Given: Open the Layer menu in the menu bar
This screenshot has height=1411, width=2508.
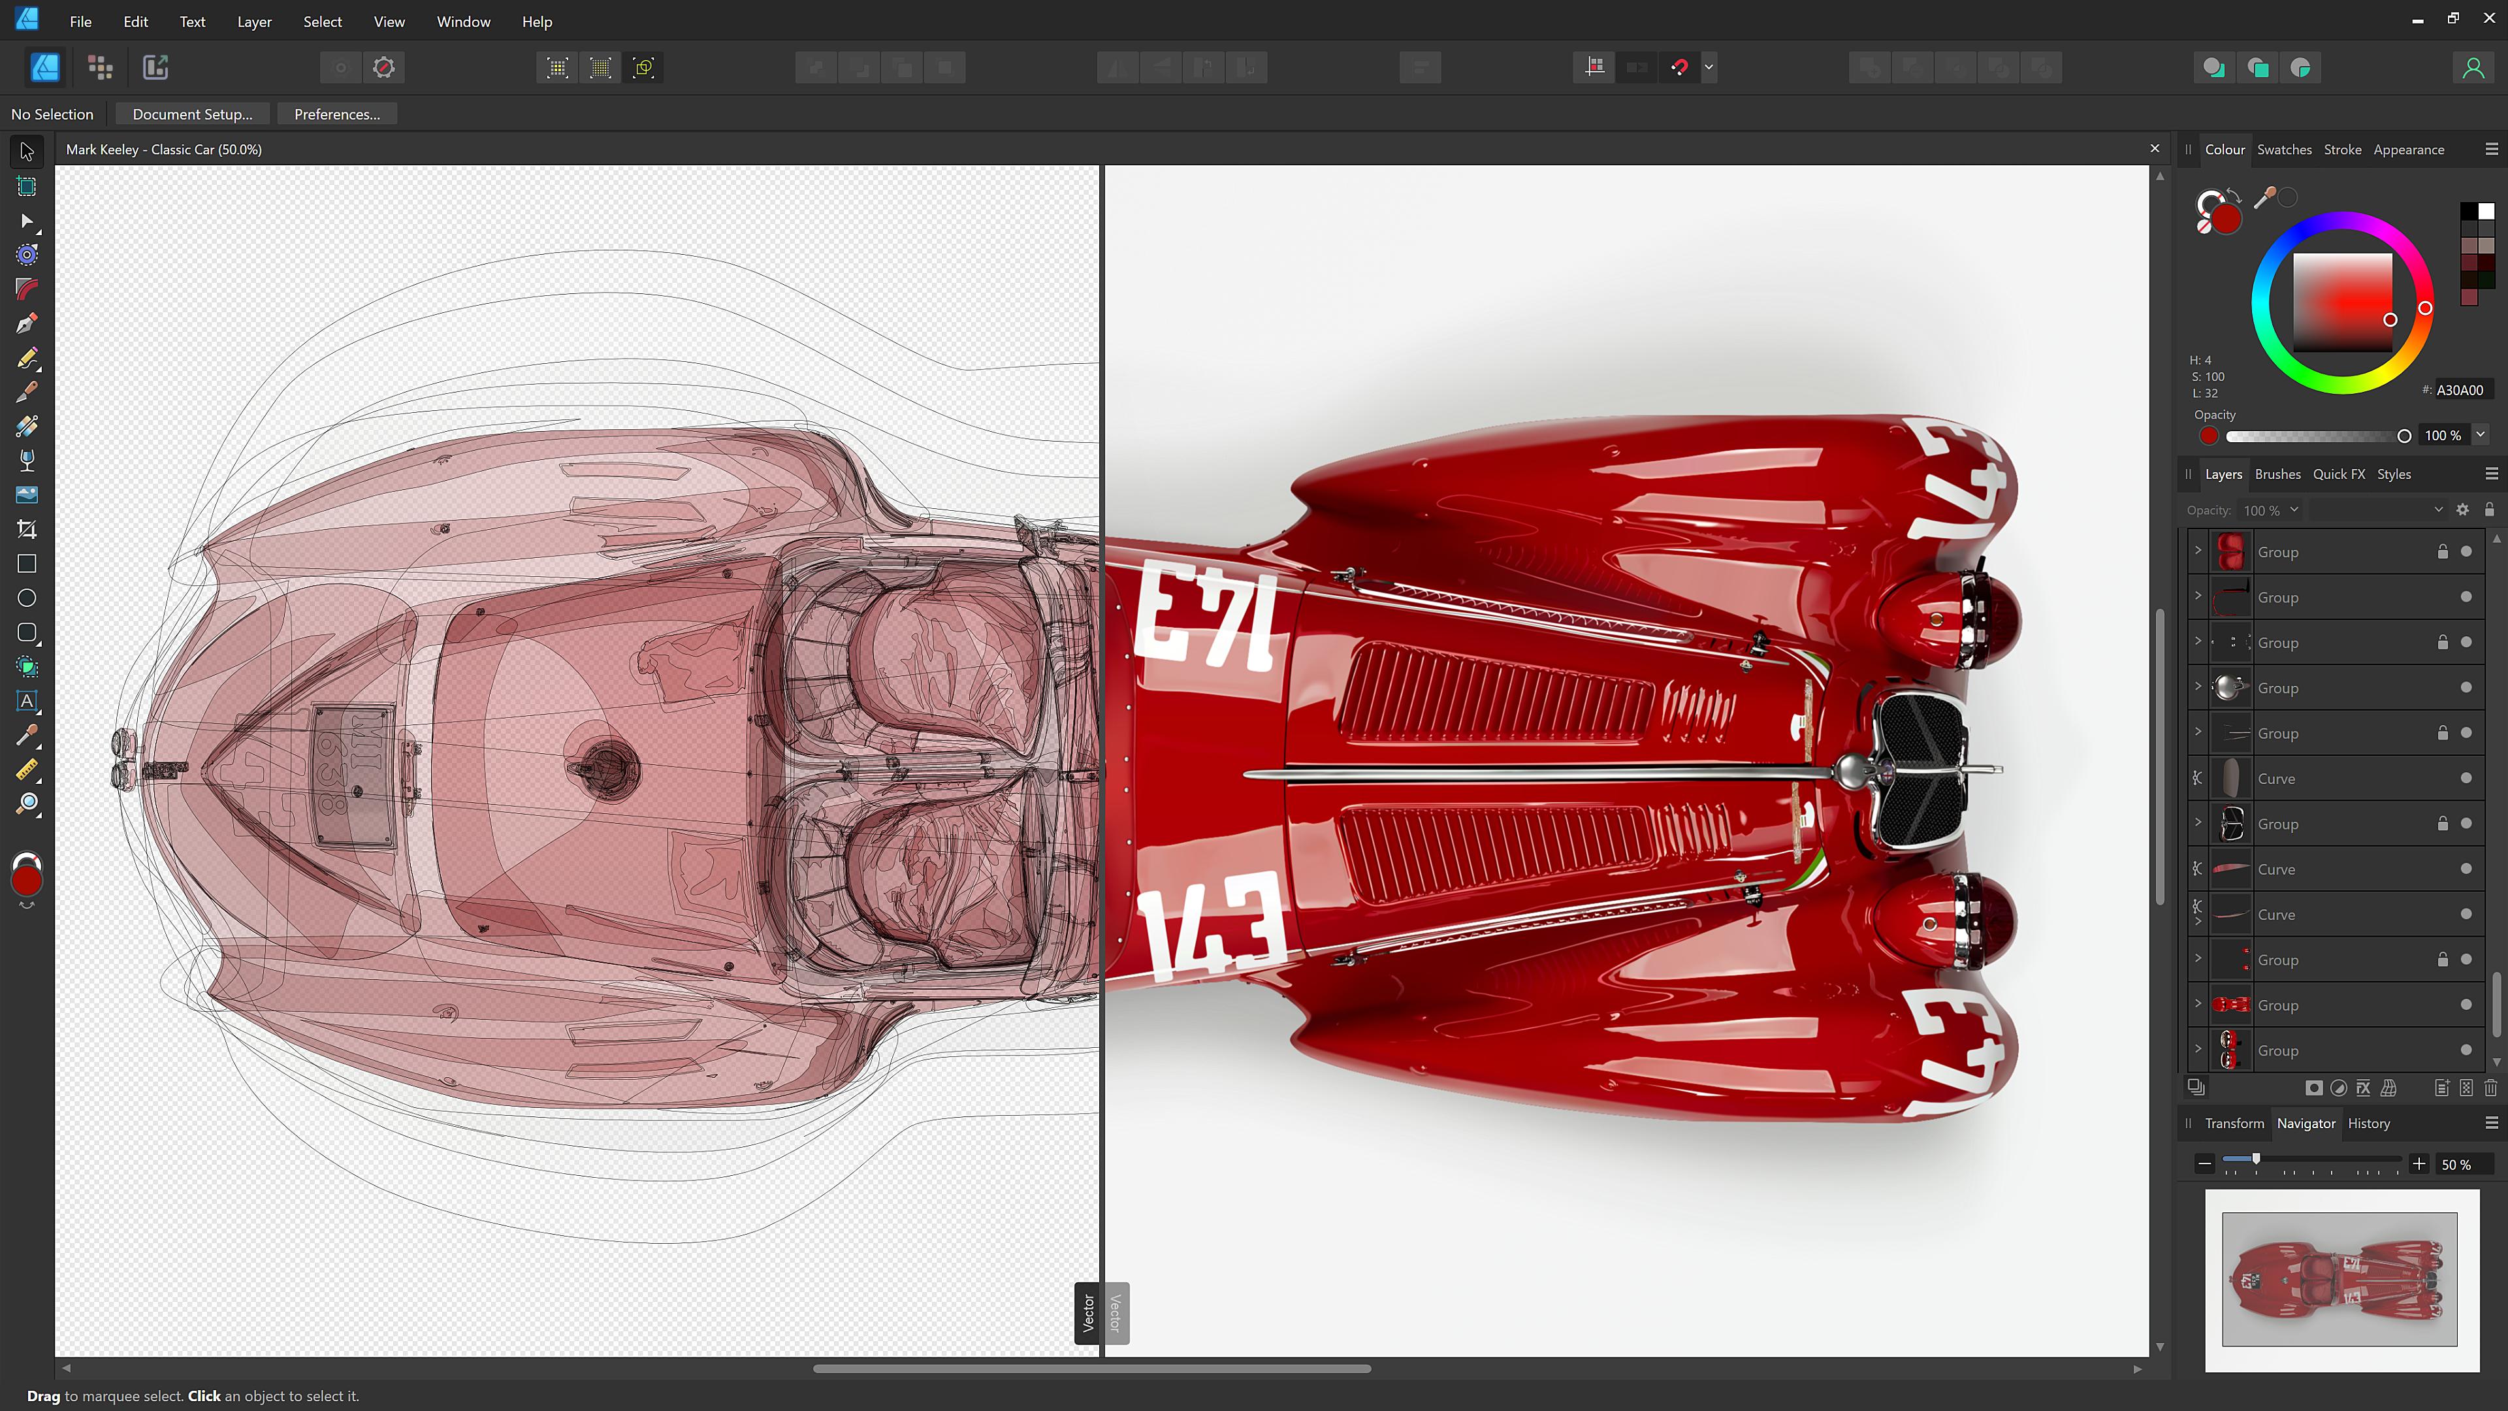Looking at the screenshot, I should click(254, 22).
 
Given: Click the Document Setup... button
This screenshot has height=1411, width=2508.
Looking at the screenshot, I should click(192, 114).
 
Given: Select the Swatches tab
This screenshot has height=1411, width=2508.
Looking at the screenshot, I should click(2283, 149).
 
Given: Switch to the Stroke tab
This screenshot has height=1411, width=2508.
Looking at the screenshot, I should click(2341, 149).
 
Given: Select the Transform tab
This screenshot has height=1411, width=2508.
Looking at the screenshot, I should click(2234, 1123).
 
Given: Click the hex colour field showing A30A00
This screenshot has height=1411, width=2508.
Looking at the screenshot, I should click(2461, 389).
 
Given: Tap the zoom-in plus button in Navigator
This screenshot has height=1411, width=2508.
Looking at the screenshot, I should click(2419, 1163).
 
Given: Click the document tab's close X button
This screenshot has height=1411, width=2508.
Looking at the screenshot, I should click(2155, 149).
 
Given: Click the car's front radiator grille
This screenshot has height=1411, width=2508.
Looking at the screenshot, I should click(1918, 770).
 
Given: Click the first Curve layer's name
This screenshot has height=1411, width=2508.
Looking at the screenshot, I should click(2276, 778).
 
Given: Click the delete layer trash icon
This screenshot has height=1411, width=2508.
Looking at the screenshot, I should click(2490, 1088).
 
